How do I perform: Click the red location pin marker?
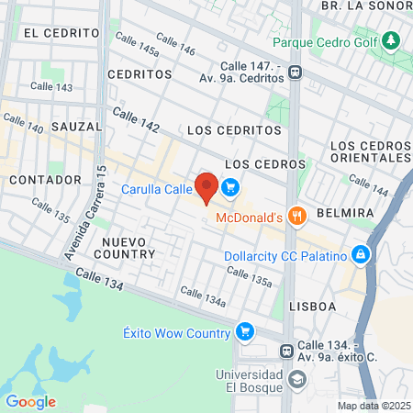click(206, 186)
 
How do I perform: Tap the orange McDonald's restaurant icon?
click(296, 218)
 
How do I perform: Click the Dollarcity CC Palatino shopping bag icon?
click(362, 253)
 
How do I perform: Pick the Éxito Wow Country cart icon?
click(244, 331)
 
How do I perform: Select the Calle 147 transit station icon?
click(296, 73)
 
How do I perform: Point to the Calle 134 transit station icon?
click(287, 351)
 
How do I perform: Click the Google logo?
click(30, 402)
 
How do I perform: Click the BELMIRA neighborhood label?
click(344, 213)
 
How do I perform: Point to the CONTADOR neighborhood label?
click(39, 181)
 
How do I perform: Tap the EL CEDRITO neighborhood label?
click(56, 32)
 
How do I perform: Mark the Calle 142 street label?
click(136, 119)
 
